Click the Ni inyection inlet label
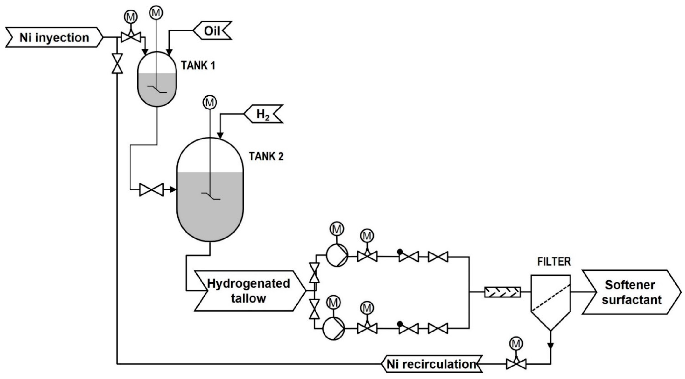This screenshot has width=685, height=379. pyautogui.click(x=54, y=38)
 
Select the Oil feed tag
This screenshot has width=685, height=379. pyautogui.click(x=212, y=31)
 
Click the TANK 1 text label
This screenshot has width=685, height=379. pyautogui.click(x=198, y=65)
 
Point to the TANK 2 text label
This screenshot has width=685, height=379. pyautogui.click(x=266, y=156)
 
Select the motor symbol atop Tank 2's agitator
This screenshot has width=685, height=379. pyautogui.click(x=210, y=103)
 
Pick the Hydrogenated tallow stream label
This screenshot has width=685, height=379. pyautogui.click(x=249, y=291)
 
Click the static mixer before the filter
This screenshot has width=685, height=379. pyautogui.click(x=502, y=292)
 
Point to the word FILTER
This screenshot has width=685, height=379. pyautogui.click(x=554, y=262)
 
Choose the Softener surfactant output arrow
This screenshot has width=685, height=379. pyautogui.click(x=632, y=292)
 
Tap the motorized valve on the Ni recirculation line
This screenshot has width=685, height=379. pyautogui.click(x=516, y=363)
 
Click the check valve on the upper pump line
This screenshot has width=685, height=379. pyautogui.click(x=408, y=257)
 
